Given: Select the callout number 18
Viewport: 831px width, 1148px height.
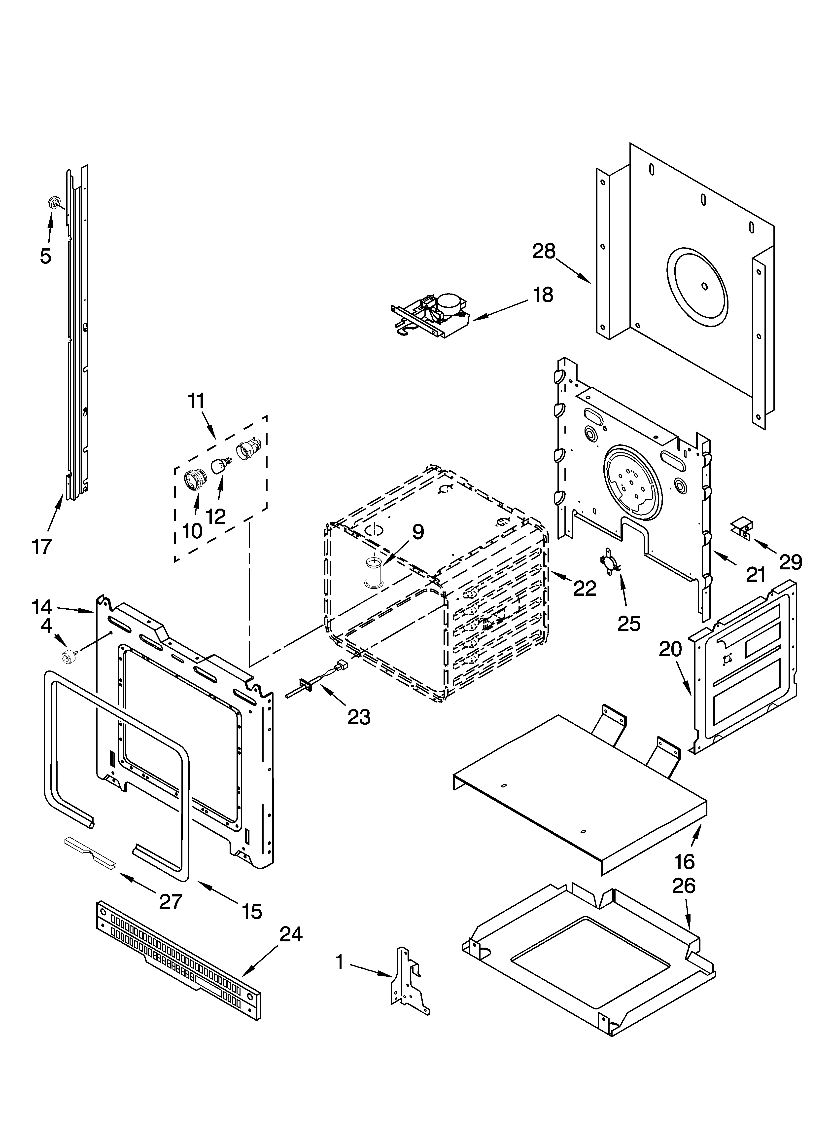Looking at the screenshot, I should pyautogui.click(x=543, y=295).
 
